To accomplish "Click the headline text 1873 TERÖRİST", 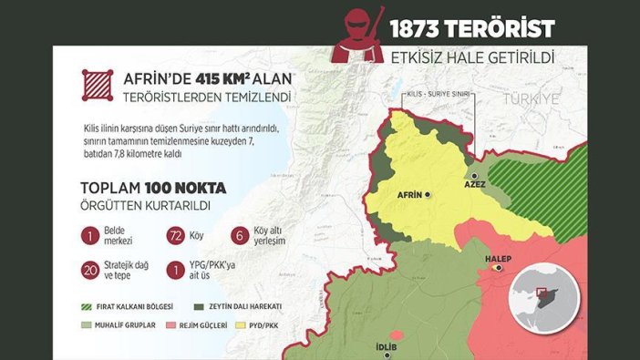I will pos(471,29).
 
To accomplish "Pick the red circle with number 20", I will pos(90,270).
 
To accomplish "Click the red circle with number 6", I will pos(241,236).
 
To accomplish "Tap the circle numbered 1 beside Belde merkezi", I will pos(90,236).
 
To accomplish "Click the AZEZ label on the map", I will pos(475,184).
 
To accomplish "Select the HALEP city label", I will pos(498,259).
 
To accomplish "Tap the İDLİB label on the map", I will pos(387,347).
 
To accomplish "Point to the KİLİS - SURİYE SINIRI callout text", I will pos(437,94).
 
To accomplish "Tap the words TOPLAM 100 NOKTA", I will pos(153,189).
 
